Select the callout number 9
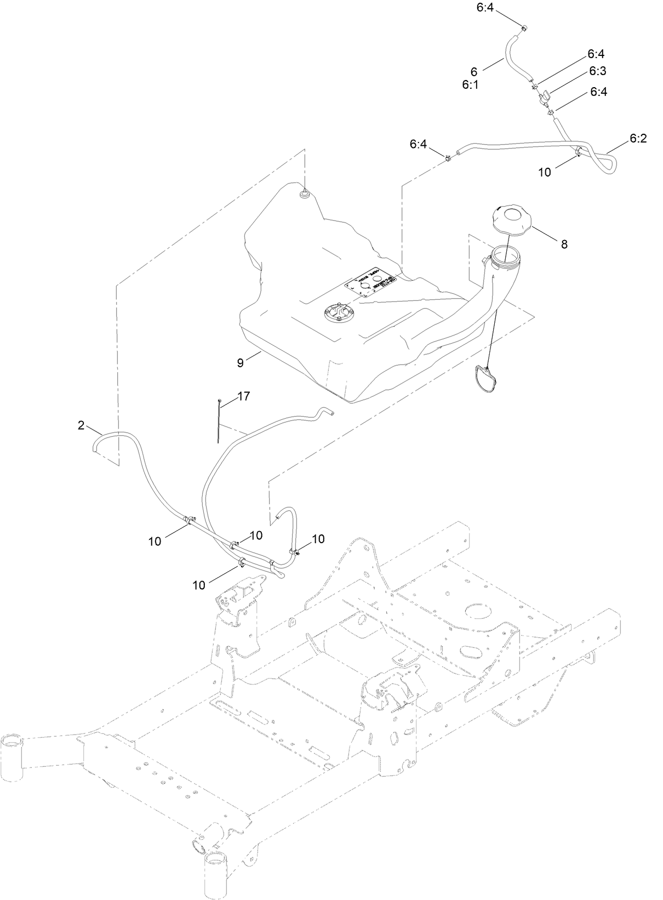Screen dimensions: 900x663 tap(240, 362)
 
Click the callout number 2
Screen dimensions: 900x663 tap(81, 425)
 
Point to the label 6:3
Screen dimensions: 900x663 tap(598, 71)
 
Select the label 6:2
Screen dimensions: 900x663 tap(638, 139)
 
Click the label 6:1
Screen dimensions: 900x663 tap(470, 84)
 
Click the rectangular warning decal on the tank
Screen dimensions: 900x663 tap(370, 284)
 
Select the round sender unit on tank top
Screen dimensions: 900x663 tap(339, 312)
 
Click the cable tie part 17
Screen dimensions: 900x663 tap(219, 419)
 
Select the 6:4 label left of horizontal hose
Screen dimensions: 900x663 tap(418, 144)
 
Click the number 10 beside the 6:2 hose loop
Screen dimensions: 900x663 tap(544, 172)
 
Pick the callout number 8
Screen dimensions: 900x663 tap(564, 244)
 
